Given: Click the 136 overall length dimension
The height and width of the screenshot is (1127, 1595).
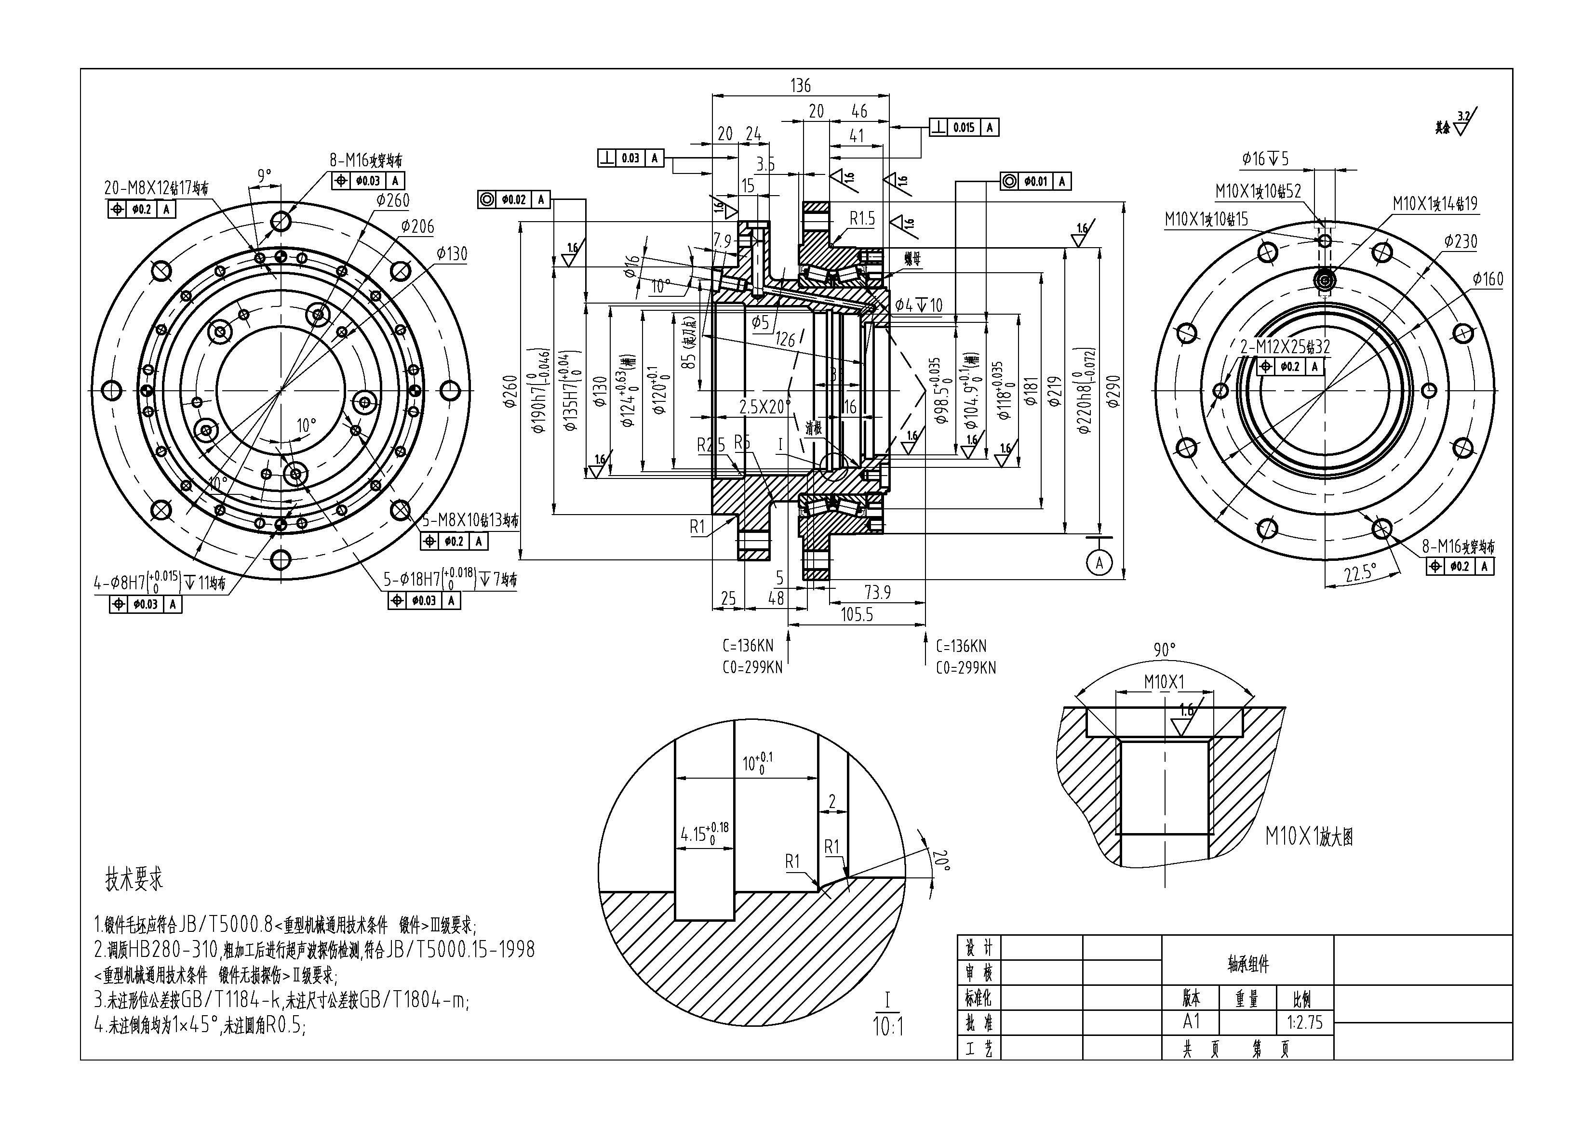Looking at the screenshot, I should pos(800,85).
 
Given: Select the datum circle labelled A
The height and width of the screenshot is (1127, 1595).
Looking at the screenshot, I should pos(1099,563).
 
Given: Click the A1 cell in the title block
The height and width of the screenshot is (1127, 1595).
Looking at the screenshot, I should pos(1192,1021).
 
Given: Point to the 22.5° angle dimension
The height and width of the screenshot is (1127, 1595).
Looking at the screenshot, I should pos(1359,573).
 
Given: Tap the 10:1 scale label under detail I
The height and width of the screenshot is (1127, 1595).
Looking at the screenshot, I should pos(888,1026).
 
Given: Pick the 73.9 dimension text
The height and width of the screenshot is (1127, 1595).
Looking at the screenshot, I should pos(877,592).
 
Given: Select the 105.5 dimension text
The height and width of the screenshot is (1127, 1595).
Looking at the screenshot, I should pos(857,614).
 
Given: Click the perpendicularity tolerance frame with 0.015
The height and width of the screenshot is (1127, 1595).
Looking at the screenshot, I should pos(964,128).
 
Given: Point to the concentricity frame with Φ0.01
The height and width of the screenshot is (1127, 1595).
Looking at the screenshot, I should pos(1035,181).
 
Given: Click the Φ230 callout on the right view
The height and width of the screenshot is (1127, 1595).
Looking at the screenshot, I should pos(1460,242).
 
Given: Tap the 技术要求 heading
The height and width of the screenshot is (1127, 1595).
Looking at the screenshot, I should pos(134,879).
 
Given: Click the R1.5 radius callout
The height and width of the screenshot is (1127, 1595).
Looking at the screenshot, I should pos(862,219).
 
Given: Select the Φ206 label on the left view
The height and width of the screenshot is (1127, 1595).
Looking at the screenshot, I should pos(417,226).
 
